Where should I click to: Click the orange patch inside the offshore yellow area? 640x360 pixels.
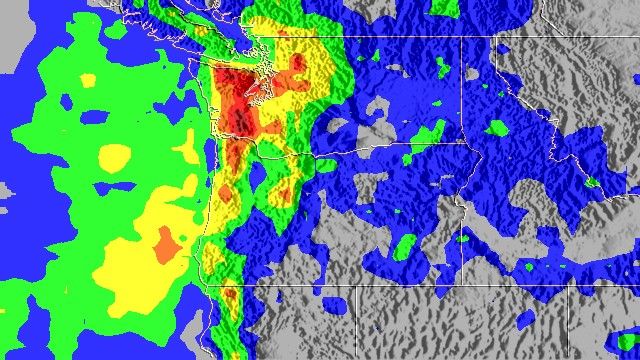(165, 242)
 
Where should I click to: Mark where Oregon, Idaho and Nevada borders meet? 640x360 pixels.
(459, 288)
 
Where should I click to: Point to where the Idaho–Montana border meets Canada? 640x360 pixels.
(494, 41)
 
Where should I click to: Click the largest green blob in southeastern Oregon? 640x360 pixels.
(404, 245)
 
